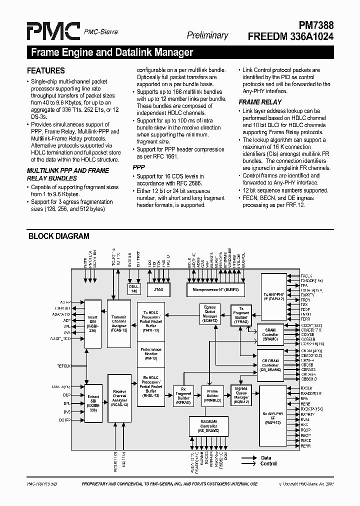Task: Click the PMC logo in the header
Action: click(53, 31)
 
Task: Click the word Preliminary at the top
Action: click(207, 35)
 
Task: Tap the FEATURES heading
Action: click(46, 71)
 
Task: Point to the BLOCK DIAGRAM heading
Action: click(58, 236)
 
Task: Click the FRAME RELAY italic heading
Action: click(260, 102)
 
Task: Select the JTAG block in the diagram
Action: click(159, 289)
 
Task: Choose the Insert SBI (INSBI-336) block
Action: click(93, 324)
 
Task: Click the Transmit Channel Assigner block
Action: click(119, 324)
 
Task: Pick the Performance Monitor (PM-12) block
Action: click(150, 353)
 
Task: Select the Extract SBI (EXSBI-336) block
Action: click(93, 401)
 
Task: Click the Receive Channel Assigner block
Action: click(119, 398)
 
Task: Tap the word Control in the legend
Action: click(268, 463)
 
